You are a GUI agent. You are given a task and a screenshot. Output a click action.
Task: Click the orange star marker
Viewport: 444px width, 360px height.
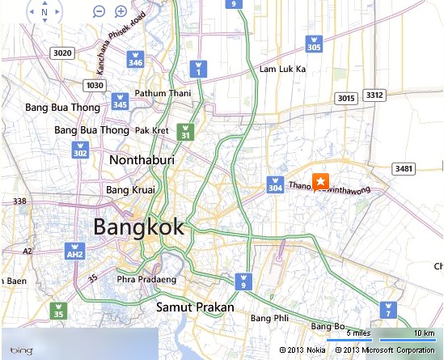point(320,180)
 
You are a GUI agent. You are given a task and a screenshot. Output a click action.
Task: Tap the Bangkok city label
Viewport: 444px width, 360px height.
point(138,227)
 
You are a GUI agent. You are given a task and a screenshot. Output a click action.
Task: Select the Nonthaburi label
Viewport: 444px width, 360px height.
point(142,160)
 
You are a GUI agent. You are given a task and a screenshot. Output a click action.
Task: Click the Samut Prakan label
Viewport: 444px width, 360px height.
point(195,307)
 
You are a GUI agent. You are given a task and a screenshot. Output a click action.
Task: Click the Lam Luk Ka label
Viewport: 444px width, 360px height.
point(282,70)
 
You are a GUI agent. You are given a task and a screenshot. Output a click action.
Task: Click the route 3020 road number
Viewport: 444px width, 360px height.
point(61,53)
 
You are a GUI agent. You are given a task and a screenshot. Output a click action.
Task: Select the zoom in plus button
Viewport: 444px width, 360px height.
point(121,11)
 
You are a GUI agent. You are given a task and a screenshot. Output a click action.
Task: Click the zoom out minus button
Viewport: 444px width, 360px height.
point(99,11)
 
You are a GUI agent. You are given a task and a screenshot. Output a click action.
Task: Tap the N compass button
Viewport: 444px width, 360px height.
point(44,12)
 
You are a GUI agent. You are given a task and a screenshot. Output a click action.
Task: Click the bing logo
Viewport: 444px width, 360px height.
point(21,349)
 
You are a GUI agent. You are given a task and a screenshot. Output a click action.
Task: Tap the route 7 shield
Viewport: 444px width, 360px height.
point(388,311)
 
